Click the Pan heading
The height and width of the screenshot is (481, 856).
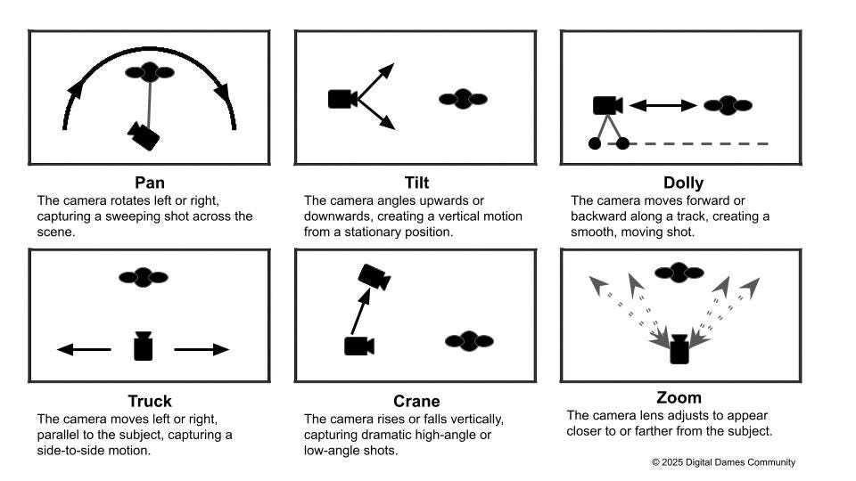coord(150,183)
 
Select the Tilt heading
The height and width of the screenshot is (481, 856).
coord(416,183)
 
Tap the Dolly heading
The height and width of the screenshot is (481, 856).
coord(681,183)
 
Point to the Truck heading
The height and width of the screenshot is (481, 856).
coord(150,401)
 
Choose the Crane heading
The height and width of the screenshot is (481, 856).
coord(416,401)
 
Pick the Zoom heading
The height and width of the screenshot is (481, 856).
coord(679,397)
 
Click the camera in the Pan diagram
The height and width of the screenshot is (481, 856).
coord(144,135)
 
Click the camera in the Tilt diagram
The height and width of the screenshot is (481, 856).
coord(342,99)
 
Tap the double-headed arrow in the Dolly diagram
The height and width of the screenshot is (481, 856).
coord(663,105)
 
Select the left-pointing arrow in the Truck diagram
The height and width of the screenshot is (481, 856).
coord(84,349)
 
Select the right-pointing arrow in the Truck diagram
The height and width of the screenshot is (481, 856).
coord(202,349)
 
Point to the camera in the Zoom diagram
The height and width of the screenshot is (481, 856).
coord(679,349)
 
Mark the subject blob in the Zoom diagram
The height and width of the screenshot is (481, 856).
coord(679,273)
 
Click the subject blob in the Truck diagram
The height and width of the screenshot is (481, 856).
coord(144,277)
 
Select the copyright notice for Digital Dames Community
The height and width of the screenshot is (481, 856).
coord(723,462)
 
